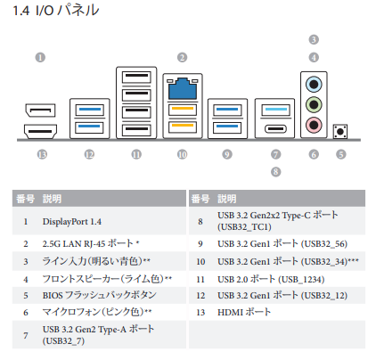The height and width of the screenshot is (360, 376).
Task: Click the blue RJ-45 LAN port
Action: click(x=183, y=89)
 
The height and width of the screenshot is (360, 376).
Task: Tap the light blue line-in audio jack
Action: click(x=314, y=85)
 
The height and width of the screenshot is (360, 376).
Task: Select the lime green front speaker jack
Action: click(x=314, y=104)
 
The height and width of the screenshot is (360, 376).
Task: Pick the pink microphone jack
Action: click(x=314, y=125)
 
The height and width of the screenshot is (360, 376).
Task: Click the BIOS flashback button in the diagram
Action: click(x=340, y=132)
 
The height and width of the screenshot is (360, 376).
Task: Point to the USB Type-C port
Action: click(x=275, y=129)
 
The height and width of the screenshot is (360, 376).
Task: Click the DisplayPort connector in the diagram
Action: click(x=40, y=110)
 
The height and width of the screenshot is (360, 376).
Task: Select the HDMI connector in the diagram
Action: click(x=40, y=131)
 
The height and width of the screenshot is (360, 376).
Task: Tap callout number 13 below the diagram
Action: click(x=42, y=154)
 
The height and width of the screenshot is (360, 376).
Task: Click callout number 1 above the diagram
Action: click(x=40, y=57)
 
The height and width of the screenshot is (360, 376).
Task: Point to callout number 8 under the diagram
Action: click(x=275, y=172)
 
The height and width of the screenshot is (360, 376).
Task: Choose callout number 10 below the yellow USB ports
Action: click(x=182, y=154)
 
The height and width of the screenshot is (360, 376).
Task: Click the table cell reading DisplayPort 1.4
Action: click(x=72, y=222)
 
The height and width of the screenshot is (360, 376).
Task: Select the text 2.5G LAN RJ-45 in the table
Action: click(x=74, y=244)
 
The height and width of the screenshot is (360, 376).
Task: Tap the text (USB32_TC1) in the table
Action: click(x=244, y=227)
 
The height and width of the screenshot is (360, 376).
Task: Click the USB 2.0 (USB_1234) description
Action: click(x=271, y=279)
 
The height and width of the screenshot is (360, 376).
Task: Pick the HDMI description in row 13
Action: click(x=244, y=312)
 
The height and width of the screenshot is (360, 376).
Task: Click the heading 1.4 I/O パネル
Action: click(x=56, y=11)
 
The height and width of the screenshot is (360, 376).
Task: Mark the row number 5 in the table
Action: click(x=26, y=296)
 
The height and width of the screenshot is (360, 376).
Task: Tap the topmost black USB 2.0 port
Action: click(x=136, y=77)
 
